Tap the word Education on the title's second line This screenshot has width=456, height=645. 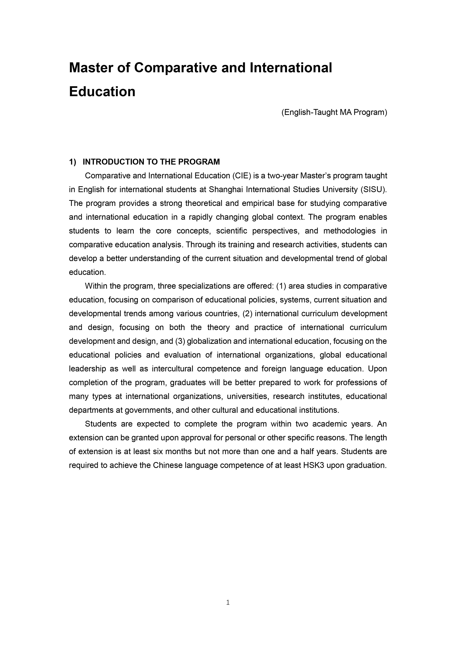102,92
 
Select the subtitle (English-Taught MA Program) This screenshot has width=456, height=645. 334,112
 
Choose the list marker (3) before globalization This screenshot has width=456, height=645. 180,341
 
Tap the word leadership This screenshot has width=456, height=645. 87,369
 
